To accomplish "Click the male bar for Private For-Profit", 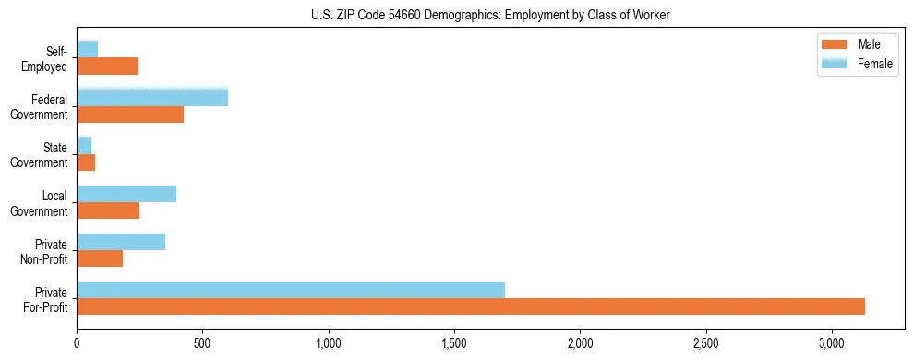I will (471, 306).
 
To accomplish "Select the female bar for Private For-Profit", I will (291, 290).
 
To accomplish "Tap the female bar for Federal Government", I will (152, 98).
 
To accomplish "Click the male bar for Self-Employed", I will (107, 66).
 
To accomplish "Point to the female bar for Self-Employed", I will (88, 49).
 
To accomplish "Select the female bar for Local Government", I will (126, 194).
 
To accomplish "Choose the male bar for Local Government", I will (108, 210).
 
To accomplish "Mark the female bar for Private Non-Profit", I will (121, 242).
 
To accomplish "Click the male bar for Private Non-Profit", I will (100, 258).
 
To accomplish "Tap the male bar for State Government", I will (86, 162).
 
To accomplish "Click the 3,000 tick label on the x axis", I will (832, 343).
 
